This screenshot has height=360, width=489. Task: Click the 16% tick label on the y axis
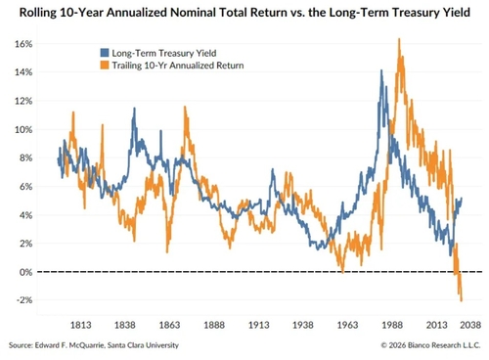(23, 44)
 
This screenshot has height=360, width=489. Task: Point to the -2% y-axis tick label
(24, 300)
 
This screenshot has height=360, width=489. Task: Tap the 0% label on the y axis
(25, 272)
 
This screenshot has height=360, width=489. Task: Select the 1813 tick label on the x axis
(81, 325)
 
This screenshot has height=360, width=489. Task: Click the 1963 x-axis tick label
(347, 325)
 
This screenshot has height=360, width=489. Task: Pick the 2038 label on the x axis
(470, 325)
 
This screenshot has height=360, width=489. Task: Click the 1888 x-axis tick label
(214, 325)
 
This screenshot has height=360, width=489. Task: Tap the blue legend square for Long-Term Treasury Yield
(105, 53)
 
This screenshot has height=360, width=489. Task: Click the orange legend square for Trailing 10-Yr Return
(105, 66)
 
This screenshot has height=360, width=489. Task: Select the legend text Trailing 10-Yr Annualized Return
(178, 66)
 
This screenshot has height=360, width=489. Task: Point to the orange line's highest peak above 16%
(399, 39)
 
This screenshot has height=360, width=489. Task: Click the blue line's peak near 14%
(381, 70)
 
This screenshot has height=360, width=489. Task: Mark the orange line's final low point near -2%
(462, 300)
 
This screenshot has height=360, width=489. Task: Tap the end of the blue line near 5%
(462, 198)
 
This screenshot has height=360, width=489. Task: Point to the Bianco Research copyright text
(430, 345)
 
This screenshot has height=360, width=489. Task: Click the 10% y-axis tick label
(23, 130)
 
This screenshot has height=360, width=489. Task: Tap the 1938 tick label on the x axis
(303, 325)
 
